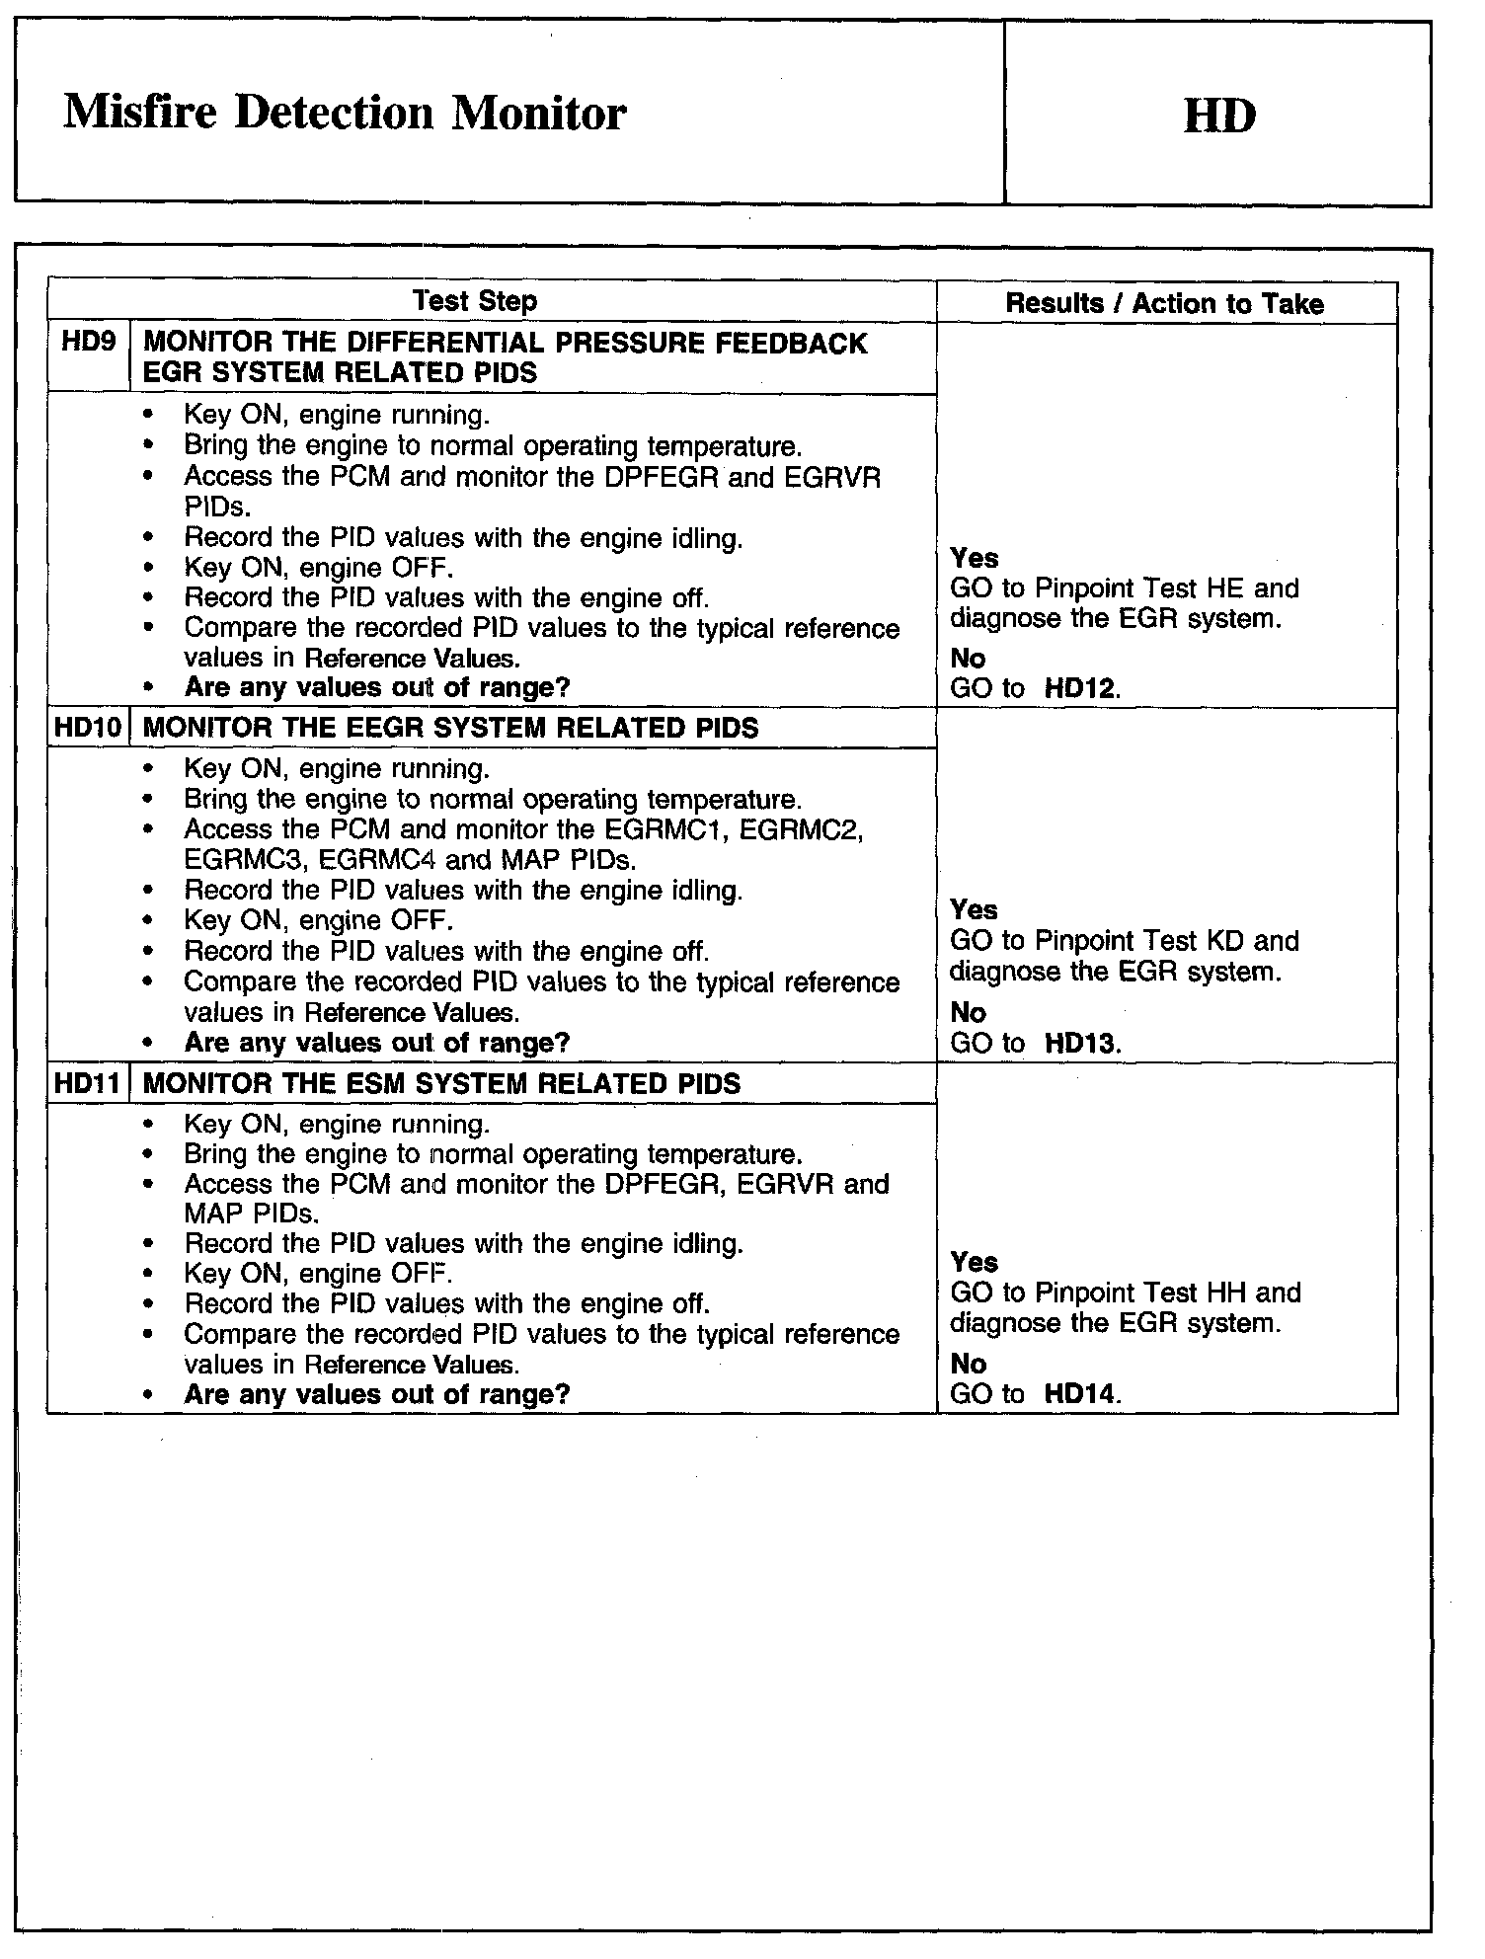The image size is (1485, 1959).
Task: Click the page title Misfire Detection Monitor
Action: [x=345, y=114]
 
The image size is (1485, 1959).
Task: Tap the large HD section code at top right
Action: [x=1218, y=117]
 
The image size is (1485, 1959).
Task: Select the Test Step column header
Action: [x=474, y=301]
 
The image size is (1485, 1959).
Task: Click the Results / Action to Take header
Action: [x=1164, y=303]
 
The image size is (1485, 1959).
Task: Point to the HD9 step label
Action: [x=88, y=343]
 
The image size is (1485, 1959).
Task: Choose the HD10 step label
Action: [x=88, y=729]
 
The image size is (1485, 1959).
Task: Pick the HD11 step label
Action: [x=88, y=1083]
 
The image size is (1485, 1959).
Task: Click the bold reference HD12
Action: [x=1080, y=688]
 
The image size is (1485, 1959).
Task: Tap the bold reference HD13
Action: [x=1080, y=1043]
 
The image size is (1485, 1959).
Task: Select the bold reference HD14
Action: [x=1080, y=1394]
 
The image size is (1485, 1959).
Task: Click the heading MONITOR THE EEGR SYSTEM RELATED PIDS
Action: [x=450, y=729]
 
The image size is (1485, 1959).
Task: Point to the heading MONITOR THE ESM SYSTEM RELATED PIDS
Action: [x=441, y=1083]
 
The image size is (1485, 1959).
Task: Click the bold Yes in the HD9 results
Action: [x=974, y=558]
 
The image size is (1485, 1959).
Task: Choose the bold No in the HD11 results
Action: [x=968, y=1364]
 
